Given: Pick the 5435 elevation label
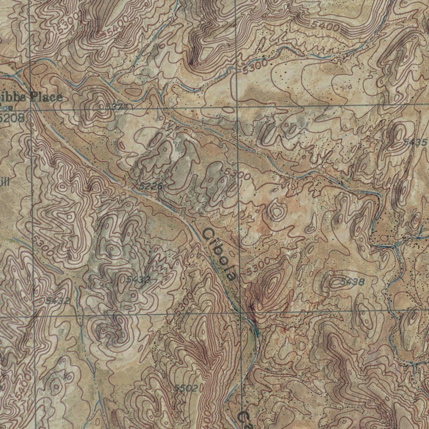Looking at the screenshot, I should pyautogui.click(x=415, y=143).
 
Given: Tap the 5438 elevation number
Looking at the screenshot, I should pyautogui.click(x=352, y=282).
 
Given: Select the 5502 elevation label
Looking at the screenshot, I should pyautogui.click(x=186, y=388).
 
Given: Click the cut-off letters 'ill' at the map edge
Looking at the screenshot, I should pyautogui.click(x=4, y=181).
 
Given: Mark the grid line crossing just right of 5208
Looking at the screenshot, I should pyautogui.click(x=31, y=110).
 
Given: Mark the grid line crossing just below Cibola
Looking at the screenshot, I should pyautogui.click(x=240, y=312).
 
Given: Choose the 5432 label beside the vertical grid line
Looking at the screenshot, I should pyautogui.click(x=57, y=300).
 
